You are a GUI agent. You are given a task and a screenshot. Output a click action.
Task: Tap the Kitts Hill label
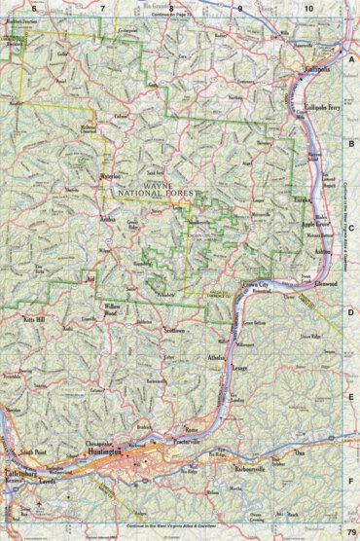click(x=35, y=318)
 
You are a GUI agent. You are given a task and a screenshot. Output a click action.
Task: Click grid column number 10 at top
click(x=308, y=8)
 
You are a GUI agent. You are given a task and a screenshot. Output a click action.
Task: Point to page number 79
click(x=350, y=530)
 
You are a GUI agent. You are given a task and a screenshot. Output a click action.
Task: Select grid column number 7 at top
click(x=103, y=8)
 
